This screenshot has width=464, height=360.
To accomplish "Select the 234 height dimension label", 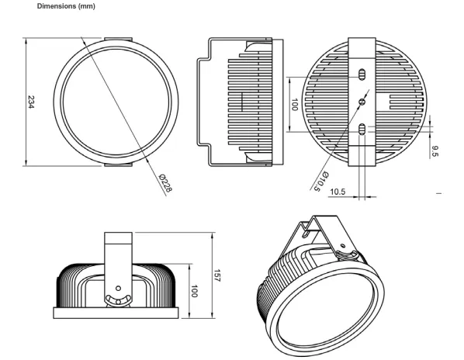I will click(x=31, y=101).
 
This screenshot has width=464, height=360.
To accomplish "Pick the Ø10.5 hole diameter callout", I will click(x=320, y=179).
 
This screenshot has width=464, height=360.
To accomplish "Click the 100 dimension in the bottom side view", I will click(x=196, y=292).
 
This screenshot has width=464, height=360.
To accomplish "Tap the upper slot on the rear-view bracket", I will click(x=362, y=74).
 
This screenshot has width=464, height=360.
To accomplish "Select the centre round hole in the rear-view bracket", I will click(x=362, y=101).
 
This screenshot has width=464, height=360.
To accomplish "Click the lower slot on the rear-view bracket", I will click(x=362, y=130).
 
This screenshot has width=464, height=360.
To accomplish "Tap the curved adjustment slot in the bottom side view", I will click(x=119, y=299).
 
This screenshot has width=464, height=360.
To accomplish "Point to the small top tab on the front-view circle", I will click(x=118, y=35).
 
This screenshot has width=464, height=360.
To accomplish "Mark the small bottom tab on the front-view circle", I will click(x=118, y=166).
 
